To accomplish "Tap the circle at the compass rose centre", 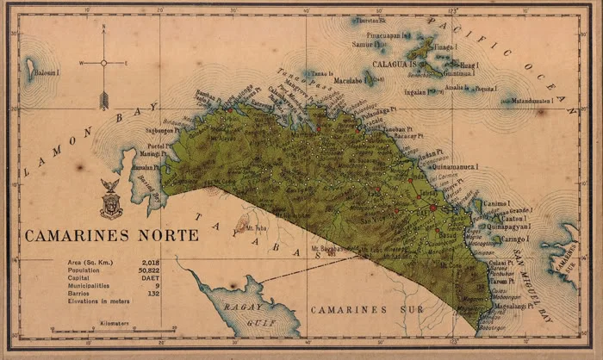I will (x=103, y=63).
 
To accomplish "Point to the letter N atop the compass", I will (x=103, y=28).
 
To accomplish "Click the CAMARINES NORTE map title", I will (x=111, y=235).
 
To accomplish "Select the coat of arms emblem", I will (x=110, y=200).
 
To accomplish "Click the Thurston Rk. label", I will (x=372, y=20).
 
